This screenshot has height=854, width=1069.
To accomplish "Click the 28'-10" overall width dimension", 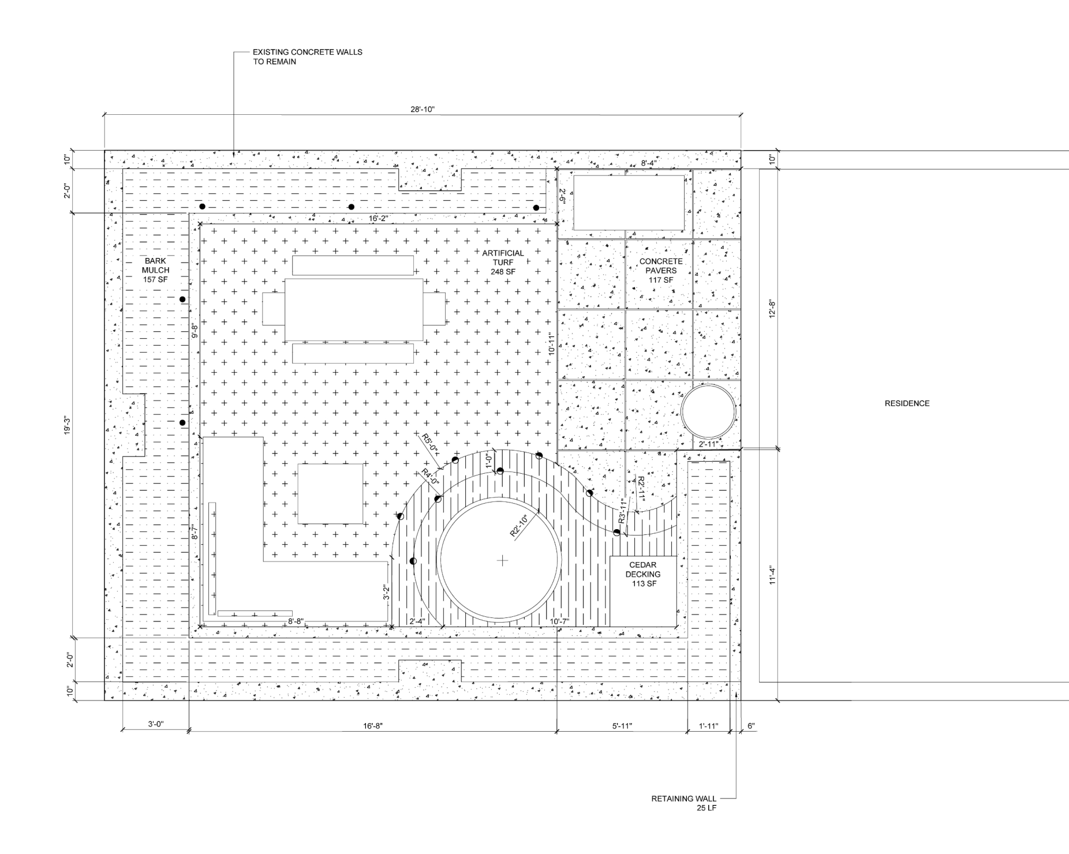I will click(x=423, y=110).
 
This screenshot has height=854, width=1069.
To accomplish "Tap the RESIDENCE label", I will click(x=907, y=403).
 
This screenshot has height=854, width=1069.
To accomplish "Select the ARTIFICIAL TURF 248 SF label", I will click(x=503, y=262).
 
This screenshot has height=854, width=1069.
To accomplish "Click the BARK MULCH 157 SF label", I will click(x=156, y=270).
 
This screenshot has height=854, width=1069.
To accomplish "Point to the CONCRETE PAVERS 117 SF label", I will click(x=660, y=271).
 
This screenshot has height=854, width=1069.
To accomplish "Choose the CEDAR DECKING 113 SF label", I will click(x=643, y=574).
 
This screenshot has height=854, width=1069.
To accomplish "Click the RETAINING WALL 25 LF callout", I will click(x=683, y=803).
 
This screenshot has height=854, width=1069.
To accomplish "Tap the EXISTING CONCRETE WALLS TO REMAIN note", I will click(x=307, y=57).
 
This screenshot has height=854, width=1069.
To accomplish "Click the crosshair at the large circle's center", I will click(x=503, y=560).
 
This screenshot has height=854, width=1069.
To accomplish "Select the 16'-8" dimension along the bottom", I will click(x=373, y=726).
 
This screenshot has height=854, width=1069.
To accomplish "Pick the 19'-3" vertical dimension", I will click(x=68, y=425).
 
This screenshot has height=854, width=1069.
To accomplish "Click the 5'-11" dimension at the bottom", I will click(x=622, y=726).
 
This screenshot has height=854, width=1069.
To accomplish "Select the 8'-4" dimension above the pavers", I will click(x=649, y=163).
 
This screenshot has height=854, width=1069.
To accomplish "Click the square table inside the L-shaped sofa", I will click(x=330, y=493).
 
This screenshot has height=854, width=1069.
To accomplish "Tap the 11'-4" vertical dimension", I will click(x=773, y=576).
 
